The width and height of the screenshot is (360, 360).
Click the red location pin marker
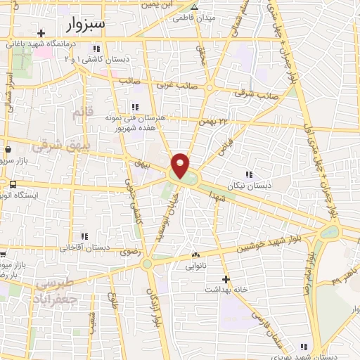click(181, 166)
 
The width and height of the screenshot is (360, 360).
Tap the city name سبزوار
click(87, 25)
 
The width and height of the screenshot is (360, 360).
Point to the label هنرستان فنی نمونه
click(133, 117)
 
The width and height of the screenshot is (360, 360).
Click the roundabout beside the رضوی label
click(147, 264)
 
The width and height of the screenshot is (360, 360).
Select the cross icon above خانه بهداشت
click(226, 278)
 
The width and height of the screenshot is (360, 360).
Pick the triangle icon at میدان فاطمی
click(195, 6)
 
